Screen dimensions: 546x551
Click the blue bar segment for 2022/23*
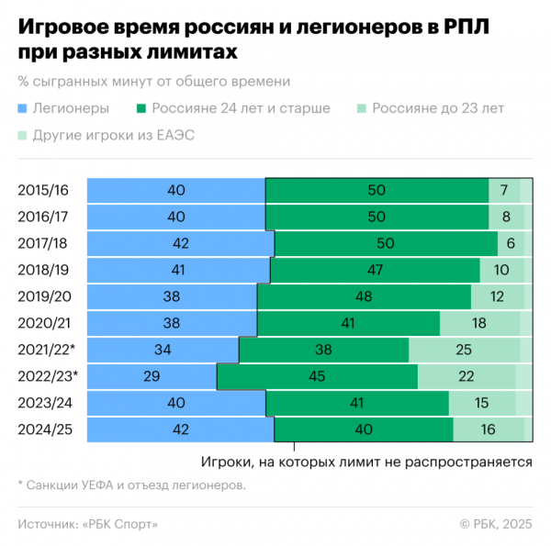[152, 376]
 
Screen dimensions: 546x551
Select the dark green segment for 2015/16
[377, 190]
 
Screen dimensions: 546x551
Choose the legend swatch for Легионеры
[23, 108]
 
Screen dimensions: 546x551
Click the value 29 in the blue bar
[152, 376]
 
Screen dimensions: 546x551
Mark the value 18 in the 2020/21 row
[479, 323]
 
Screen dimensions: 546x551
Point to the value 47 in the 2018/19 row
[375, 270]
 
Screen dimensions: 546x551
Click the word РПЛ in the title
[466, 27]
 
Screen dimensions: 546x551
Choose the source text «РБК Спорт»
[119, 524]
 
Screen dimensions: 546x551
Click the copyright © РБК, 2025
[496, 524]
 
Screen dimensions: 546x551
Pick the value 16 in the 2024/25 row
[489, 429]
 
